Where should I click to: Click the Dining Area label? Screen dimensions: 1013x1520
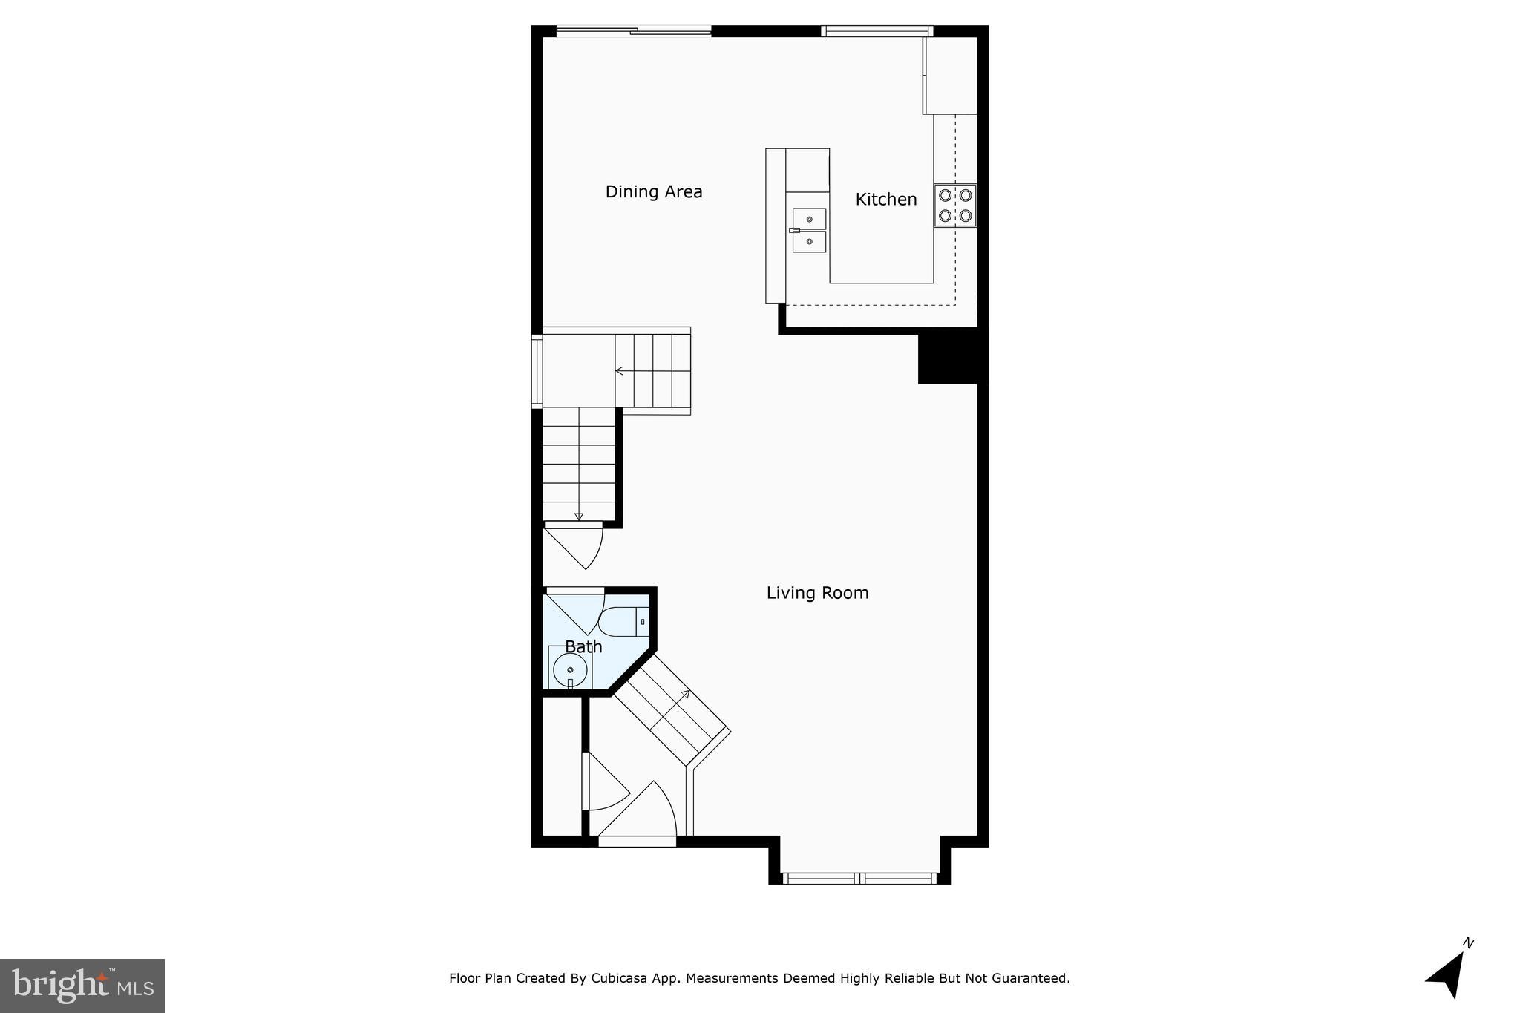click(653, 191)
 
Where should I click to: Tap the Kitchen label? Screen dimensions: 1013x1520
click(885, 199)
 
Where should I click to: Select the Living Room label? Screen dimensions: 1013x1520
click(817, 592)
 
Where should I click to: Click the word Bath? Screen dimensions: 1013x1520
click(583, 646)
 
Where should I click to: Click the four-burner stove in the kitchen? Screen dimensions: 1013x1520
click(955, 206)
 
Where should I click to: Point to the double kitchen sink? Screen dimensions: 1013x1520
click(809, 230)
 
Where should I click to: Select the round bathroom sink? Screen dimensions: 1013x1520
click(570, 670)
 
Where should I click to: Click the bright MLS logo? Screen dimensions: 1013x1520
click(82, 986)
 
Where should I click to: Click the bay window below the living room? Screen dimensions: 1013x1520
click(859, 879)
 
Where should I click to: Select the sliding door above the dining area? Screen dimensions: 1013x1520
click(634, 31)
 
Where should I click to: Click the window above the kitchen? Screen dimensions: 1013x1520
click(877, 31)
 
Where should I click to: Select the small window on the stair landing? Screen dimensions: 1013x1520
click(537, 370)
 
